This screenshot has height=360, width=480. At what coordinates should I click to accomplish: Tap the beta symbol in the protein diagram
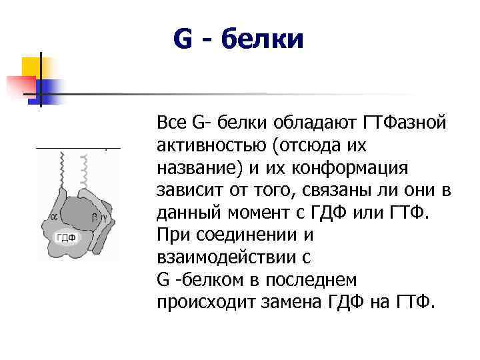coord(96,216)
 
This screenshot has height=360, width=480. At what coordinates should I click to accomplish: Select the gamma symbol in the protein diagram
coord(104,217)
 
